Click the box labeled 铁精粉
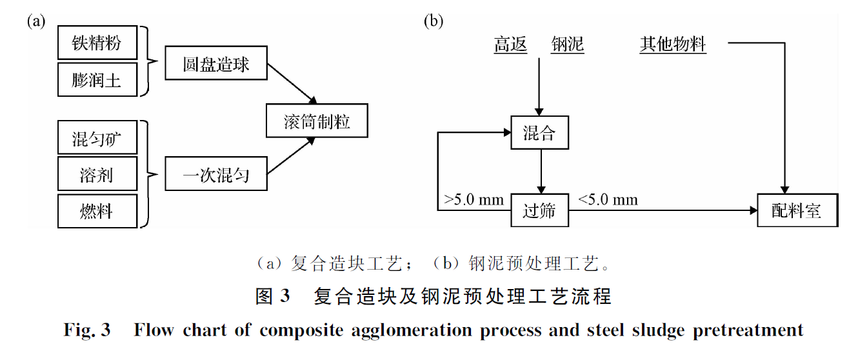[x=97, y=43]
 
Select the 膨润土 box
[x=97, y=79]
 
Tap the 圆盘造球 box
[x=215, y=63]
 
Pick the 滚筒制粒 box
[x=317, y=119]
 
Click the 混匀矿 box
[x=97, y=137]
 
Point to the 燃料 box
[x=97, y=210]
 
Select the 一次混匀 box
[x=215, y=174]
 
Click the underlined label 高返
[x=510, y=45]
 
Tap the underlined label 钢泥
[x=568, y=45]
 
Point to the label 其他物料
[x=673, y=45]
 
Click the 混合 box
[x=539, y=133]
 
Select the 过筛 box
[x=539, y=210]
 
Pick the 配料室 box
[x=797, y=210]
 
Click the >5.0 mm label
[x=474, y=199]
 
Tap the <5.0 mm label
[x=608, y=199]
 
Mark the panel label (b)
[x=433, y=21]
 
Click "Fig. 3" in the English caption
[x=87, y=331]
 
